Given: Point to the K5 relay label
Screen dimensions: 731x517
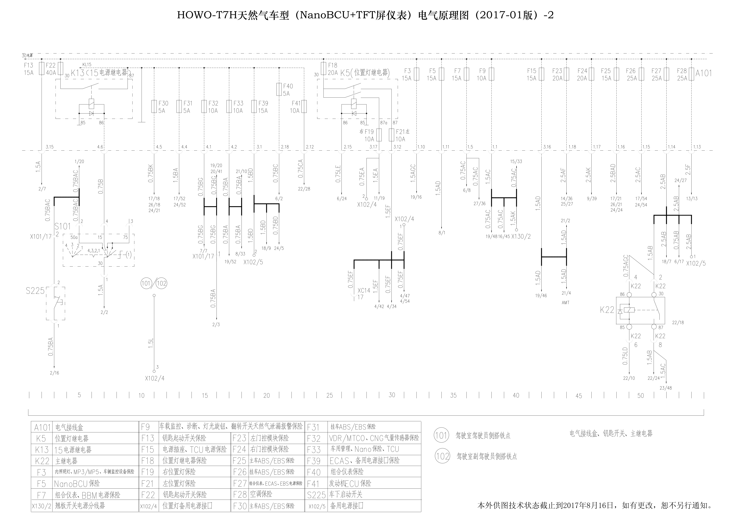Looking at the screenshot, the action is click(345, 73).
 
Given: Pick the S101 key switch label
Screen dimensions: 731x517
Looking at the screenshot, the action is click(62, 226).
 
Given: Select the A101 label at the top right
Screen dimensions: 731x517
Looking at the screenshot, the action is click(703, 73).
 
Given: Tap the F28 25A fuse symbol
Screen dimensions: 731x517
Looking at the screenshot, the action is click(691, 74).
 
